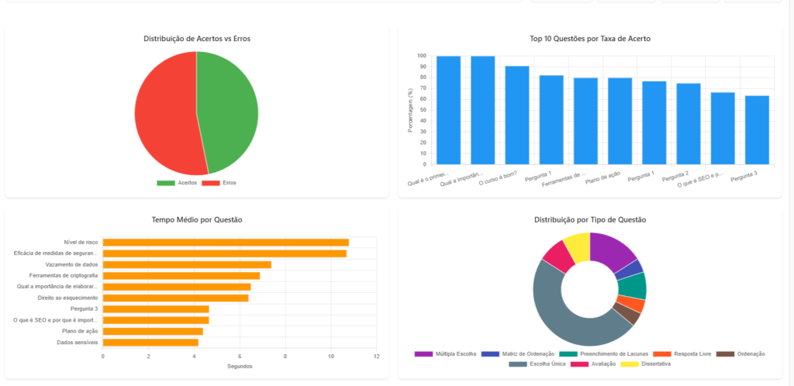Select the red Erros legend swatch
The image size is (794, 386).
[x=211, y=183]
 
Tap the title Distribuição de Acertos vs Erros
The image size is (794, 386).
[x=197, y=39]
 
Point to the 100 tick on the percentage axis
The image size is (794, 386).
[x=422, y=56]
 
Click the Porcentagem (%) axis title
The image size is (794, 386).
[x=410, y=110]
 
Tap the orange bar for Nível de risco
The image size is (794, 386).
[x=226, y=243]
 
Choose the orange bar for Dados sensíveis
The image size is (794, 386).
[x=150, y=342]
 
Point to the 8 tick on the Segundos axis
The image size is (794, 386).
[x=285, y=357]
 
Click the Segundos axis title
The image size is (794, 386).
[x=240, y=366]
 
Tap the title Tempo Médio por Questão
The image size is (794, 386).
[x=197, y=219]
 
